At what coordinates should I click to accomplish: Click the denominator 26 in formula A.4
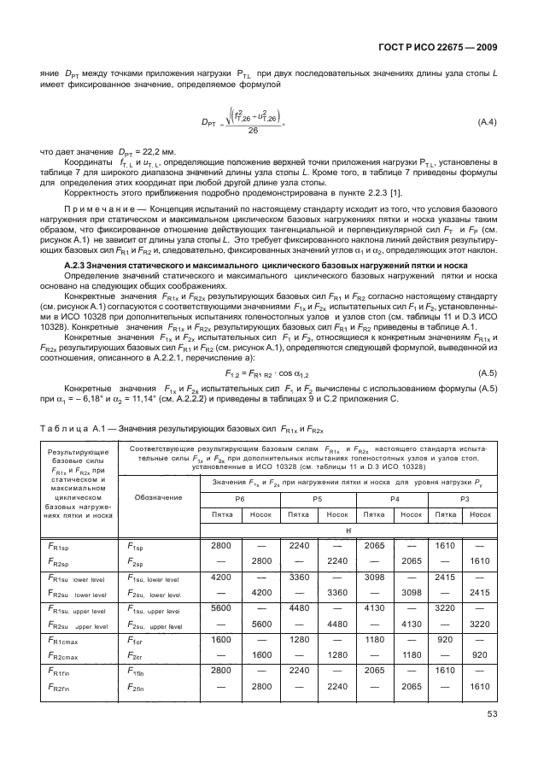pyautogui.click(x=252, y=130)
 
